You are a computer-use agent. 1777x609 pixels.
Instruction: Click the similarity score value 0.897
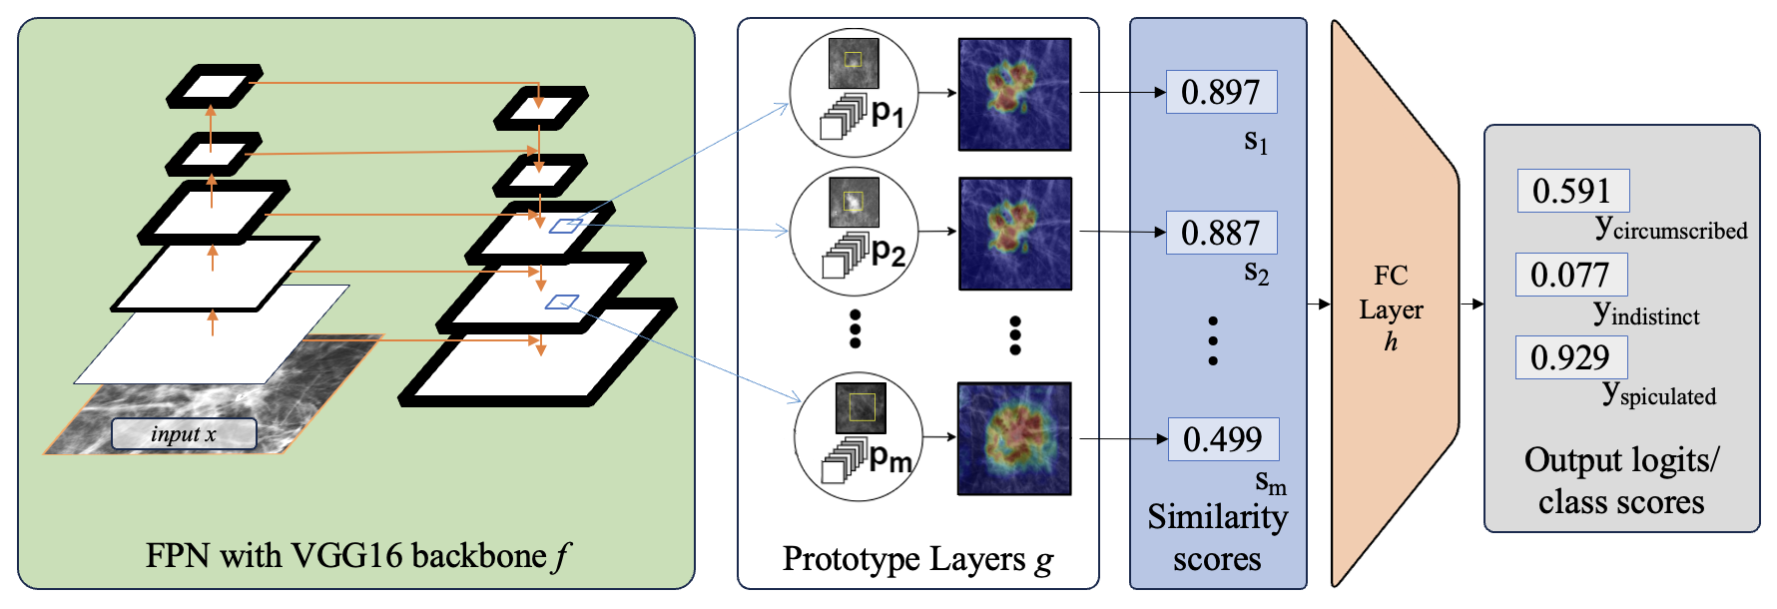[1221, 92]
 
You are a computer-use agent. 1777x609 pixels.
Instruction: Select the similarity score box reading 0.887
[1221, 233]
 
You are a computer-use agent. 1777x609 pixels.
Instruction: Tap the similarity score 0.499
[1223, 439]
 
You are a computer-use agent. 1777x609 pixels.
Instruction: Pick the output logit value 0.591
[1572, 191]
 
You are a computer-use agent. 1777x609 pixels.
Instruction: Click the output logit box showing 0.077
[1570, 275]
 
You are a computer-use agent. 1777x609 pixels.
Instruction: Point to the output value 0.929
[1570, 357]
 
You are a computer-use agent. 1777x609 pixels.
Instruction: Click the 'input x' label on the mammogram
[184, 434]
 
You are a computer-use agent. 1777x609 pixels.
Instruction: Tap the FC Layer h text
[1391, 308]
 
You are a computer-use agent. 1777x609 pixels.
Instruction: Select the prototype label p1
[887, 113]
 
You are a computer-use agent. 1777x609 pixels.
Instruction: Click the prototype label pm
[889, 458]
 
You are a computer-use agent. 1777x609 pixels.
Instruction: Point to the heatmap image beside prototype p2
[1014, 234]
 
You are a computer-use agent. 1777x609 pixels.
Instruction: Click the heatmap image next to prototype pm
[1014, 438]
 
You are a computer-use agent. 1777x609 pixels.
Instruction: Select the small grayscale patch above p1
[854, 62]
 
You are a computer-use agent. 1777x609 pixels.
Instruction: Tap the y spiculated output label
[1659, 394]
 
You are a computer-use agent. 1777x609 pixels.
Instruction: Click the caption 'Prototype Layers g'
[917, 559]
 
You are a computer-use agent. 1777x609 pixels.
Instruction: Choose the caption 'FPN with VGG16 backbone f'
[356, 556]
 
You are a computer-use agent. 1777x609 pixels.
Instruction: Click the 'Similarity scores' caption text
[1217, 537]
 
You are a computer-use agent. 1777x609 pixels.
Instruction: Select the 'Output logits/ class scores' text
[1621, 480]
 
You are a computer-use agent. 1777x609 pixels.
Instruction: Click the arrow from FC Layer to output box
[1472, 304]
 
